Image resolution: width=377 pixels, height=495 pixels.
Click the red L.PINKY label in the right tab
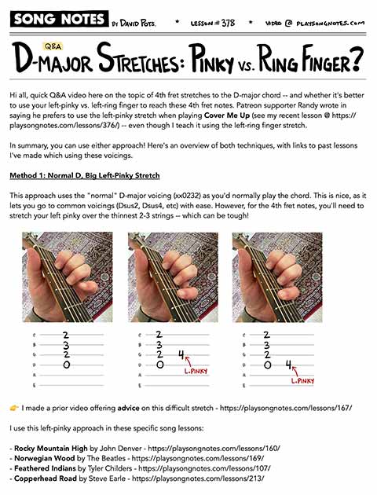[303, 380]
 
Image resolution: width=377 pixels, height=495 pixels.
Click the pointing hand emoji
[13, 408]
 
